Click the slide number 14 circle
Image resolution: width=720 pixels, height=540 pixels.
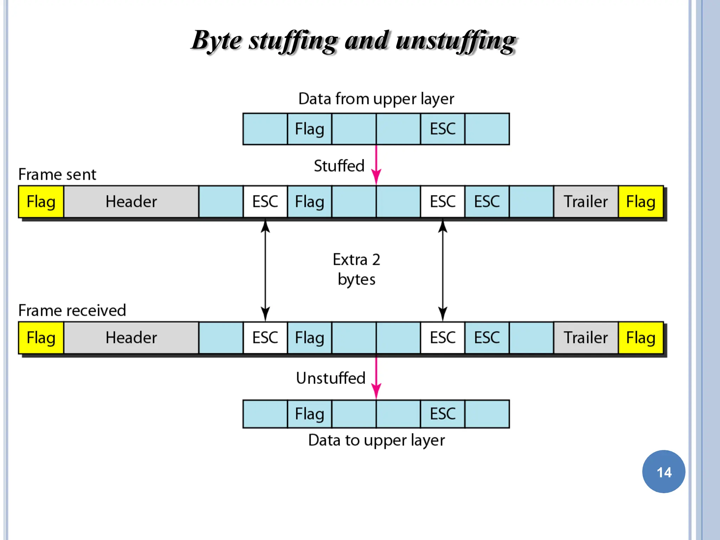click(663, 471)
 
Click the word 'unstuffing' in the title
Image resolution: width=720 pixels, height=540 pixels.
click(456, 41)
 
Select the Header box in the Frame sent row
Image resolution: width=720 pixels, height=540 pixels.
click(131, 202)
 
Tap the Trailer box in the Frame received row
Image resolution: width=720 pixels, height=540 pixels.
click(586, 338)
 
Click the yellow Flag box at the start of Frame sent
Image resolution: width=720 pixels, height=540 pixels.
click(41, 202)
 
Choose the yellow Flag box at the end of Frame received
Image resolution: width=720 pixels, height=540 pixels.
click(641, 338)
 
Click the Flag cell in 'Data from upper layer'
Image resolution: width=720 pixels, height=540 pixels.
click(309, 129)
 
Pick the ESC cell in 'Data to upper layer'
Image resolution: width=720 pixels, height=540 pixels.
click(443, 414)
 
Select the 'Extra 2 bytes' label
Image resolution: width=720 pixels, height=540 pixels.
click(356, 269)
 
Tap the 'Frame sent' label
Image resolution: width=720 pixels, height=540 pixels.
click(57, 174)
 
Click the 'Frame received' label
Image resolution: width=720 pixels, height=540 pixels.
click(72, 310)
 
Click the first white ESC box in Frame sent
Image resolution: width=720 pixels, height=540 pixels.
click(265, 202)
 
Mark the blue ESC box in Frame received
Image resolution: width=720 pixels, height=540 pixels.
click(487, 338)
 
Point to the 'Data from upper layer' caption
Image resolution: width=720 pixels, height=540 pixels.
click(376, 99)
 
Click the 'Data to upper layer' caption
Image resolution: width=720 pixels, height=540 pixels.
click(376, 440)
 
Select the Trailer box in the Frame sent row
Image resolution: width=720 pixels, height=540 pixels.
click(586, 202)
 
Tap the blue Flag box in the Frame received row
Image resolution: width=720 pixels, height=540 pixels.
click(309, 338)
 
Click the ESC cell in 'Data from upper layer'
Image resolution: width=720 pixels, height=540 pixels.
click(443, 129)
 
